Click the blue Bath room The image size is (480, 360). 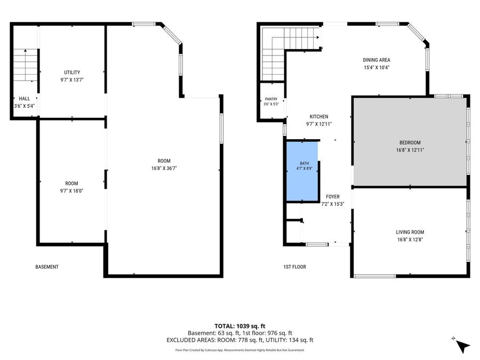pos(302,171)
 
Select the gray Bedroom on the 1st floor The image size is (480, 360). pos(410,142)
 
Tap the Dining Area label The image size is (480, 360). pos(377,60)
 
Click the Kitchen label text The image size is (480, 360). pos(319,117)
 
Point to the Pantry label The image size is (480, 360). pos(271,99)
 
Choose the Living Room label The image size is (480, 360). pos(410,233)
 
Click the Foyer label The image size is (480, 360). pos(333,197)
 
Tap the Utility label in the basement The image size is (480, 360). pos(72,73)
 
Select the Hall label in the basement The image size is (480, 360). pos(25,99)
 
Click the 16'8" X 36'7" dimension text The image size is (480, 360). pos(164,169)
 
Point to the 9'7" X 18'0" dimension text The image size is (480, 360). pos(71,191)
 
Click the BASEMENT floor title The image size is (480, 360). pos(47,267)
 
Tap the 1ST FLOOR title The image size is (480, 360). pos(294,267)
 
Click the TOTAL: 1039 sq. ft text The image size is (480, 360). pos(239,326)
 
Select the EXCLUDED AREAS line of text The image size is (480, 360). pos(239,340)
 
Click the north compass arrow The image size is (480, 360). pos(462,346)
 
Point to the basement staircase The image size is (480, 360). pos(26,65)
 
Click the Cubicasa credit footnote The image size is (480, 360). pos(239,350)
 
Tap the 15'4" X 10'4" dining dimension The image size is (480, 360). pos(377,68)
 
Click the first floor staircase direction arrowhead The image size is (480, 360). pos(318,37)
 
